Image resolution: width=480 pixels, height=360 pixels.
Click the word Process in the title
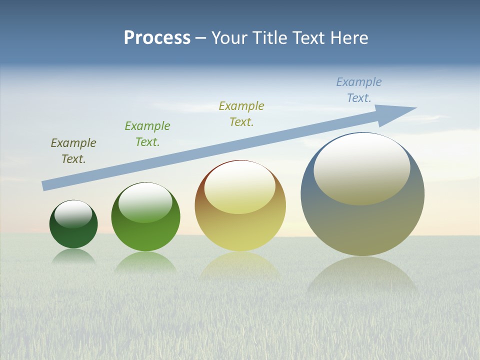157,38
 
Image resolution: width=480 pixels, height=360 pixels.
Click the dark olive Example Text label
73,151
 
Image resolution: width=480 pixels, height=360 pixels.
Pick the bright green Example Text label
147,134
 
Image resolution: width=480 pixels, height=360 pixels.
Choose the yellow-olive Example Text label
241,113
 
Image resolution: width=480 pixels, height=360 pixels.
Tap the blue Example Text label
359,90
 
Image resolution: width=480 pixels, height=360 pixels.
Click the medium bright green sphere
145,235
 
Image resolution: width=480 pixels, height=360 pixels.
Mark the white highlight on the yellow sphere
240,186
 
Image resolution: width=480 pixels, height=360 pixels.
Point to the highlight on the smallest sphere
73,213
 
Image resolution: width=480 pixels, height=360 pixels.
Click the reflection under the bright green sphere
145,262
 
